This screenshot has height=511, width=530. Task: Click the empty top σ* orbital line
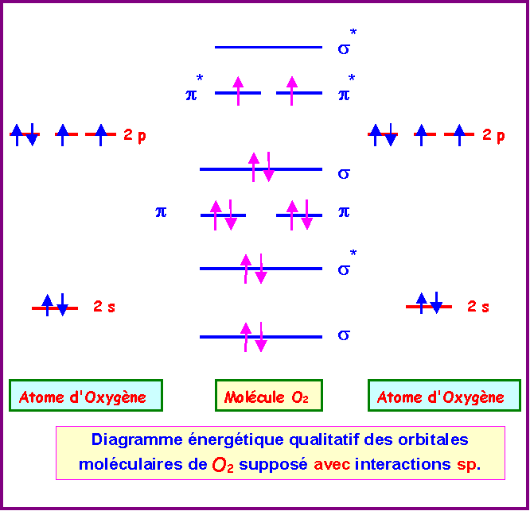pyautogui.click(x=268, y=48)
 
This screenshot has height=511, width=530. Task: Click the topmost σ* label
pyautogui.click(x=346, y=45)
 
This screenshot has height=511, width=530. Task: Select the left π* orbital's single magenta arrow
pyautogui.click(x=237, y=91)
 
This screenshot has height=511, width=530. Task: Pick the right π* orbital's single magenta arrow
pyautogui.click(x=292, y=91)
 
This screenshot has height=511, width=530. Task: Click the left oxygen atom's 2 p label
pyautogui.click(x=134, y=135)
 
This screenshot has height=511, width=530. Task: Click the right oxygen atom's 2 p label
pyautogui.click(x=493, y=135)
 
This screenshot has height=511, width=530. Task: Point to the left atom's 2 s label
pyautogui.click(x=104, y=306)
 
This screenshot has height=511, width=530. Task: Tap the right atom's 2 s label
pyautogui.click(x=477, y=306)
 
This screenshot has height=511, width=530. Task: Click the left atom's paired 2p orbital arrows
pyautogui.click(x=24, y=134)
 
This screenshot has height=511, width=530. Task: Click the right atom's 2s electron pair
pyautogui.click(x=429, y=303)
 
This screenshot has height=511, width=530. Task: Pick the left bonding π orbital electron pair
pyautogui.click(x=223, y=215)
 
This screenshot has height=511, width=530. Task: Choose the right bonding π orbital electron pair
pyautogui.click(x=299, y=215)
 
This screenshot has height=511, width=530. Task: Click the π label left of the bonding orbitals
pyautogui.click(x=161, y=212)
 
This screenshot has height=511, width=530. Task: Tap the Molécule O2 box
pyautogui.click(x=268, y=397)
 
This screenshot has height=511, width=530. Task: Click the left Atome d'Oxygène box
pyautogui.click(x=86, y=397)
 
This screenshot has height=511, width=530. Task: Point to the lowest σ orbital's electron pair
pyautogui.click(x=254, y=337)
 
